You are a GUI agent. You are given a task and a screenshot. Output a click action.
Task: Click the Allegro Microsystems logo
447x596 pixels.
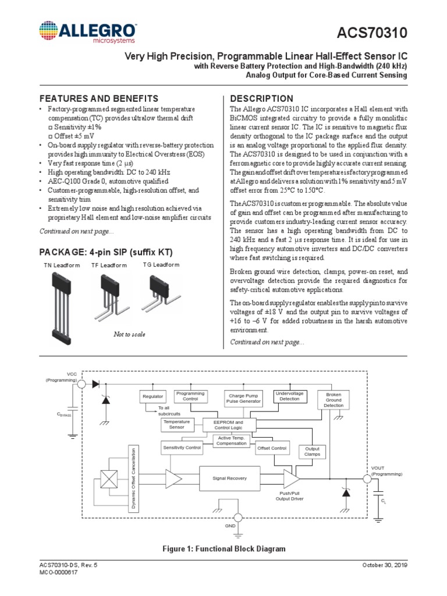click(88, 33)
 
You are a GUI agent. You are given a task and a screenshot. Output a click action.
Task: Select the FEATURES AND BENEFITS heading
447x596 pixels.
click(98, 98)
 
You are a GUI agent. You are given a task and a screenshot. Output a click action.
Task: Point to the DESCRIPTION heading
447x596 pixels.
click(262, 98)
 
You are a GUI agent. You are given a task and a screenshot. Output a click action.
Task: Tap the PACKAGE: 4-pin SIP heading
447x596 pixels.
click(105, 252)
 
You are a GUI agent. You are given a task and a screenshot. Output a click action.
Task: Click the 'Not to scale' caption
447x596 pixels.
click(129, 335)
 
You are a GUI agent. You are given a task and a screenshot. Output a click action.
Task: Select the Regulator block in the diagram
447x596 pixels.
click(152, 397)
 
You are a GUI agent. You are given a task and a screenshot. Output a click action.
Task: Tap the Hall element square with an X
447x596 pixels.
click(109, 478)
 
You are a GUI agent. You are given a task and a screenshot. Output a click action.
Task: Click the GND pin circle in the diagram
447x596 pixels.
click(237, 517)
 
